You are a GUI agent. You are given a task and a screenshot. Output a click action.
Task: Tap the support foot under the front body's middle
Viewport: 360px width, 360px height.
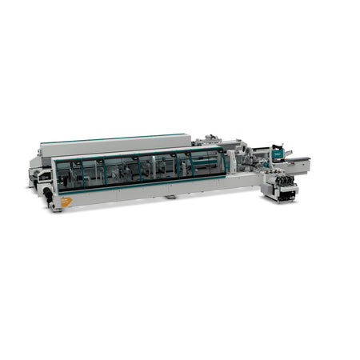click(170, 196)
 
